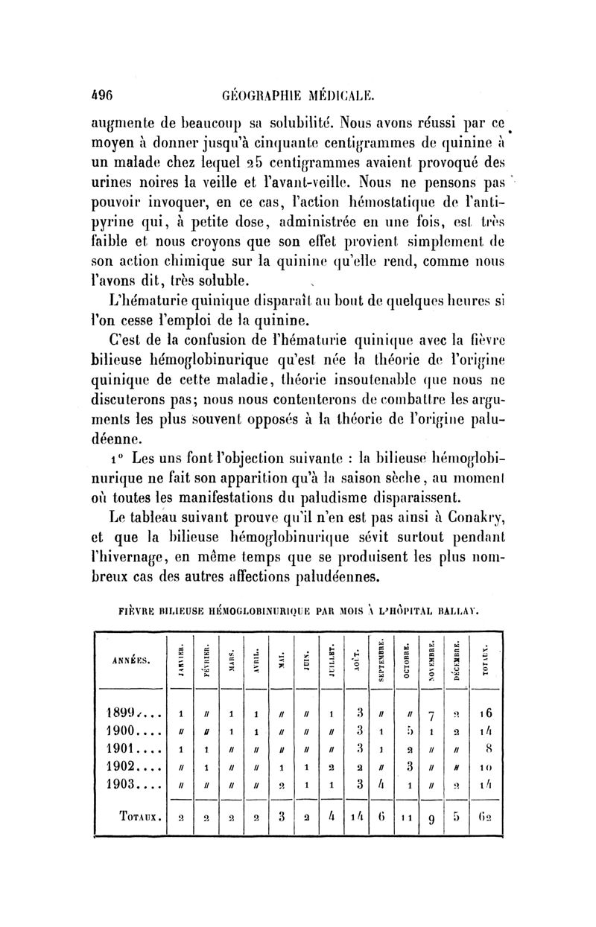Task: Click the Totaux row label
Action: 132,822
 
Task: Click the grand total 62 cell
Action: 484,823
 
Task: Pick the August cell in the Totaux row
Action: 359,823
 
